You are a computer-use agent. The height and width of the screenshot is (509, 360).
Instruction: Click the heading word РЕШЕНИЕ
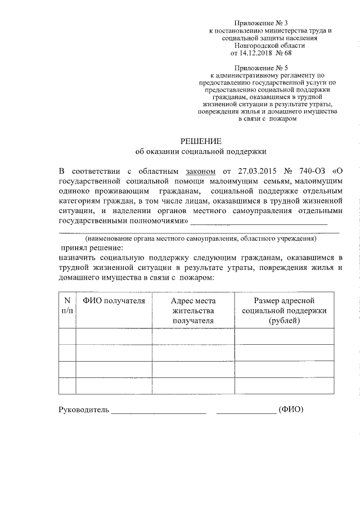click(201, 141)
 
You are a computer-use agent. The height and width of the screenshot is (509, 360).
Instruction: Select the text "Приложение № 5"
click(262, 66)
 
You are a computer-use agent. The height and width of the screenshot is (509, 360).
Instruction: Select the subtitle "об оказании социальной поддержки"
click(201, 151)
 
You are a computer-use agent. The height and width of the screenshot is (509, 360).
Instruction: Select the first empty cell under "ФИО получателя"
click(114, 336)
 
